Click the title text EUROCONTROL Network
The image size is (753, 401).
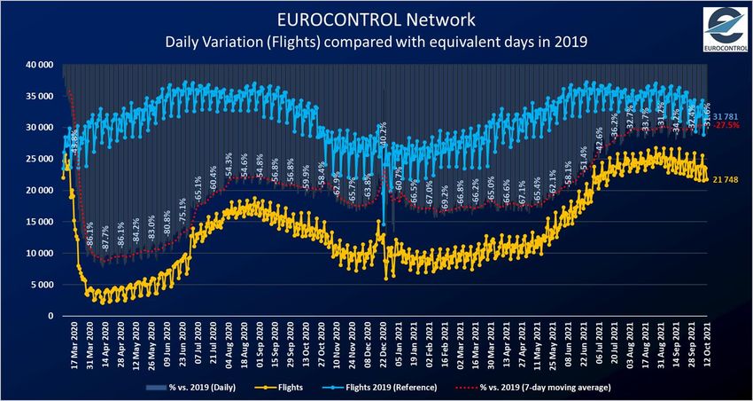(376, 18)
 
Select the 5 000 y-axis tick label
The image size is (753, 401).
(41, 284)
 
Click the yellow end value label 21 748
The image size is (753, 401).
(726, 180)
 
